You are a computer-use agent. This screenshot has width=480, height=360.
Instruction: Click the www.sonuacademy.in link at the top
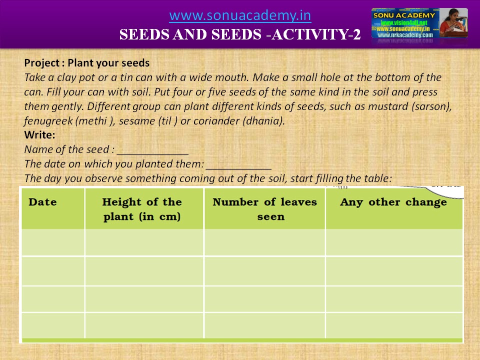[x=240, y=16]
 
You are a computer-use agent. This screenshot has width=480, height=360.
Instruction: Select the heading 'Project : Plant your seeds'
[x=87, y=63]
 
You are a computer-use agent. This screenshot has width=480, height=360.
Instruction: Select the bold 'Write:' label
[x=39, y=135]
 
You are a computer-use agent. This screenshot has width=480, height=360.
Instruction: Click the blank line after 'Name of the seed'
[x=152, y=149]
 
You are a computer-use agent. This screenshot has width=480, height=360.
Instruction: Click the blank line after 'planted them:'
[x=238, y=164]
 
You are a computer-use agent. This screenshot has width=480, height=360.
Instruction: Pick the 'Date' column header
[x=42, y=202]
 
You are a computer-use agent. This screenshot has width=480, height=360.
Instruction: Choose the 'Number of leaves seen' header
[x=264, y=209]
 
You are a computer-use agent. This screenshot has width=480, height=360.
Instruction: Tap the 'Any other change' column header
[x=393, y=202]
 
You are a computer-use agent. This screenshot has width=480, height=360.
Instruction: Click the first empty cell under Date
[x=53, y=242]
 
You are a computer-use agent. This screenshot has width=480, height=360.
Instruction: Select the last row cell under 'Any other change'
[x=394, y=325]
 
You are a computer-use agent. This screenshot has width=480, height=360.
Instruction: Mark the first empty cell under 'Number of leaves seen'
[x=264, y=242]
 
